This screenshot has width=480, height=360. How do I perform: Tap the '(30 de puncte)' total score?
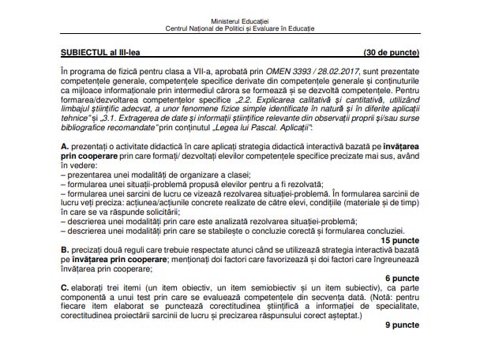click(392, 51)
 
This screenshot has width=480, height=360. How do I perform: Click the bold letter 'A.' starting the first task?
click(65, 147)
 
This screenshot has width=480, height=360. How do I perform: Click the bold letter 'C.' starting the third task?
click(65, 289)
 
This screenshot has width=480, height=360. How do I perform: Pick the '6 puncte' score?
click(403, 279)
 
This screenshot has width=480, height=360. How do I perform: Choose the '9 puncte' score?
click(403, 324)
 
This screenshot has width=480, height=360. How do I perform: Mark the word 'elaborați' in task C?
click(91, 289)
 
